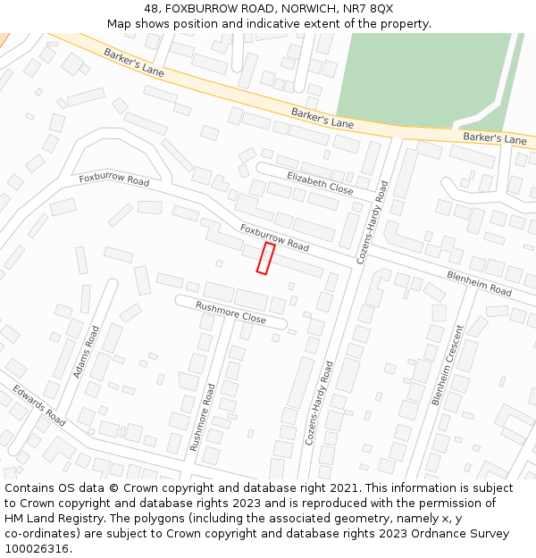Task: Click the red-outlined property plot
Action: pos(265,258)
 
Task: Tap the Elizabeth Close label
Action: pos(320,183)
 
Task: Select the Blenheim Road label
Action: pos(479,284)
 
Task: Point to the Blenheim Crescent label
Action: pos(448,365)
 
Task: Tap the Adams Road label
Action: pos(87,351)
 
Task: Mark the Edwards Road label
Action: pos(39,405)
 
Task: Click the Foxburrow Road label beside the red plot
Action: pos(274,237)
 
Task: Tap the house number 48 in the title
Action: pos(151,8)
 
